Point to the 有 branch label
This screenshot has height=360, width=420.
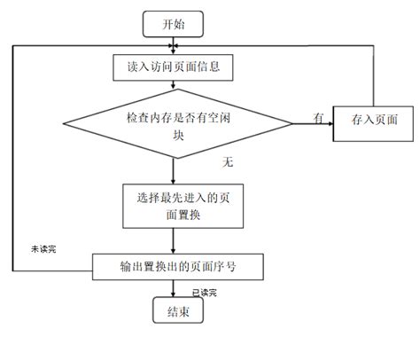(316, 116)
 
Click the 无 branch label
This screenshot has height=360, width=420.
(228, 163)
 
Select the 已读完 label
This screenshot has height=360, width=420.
(205, 292)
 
